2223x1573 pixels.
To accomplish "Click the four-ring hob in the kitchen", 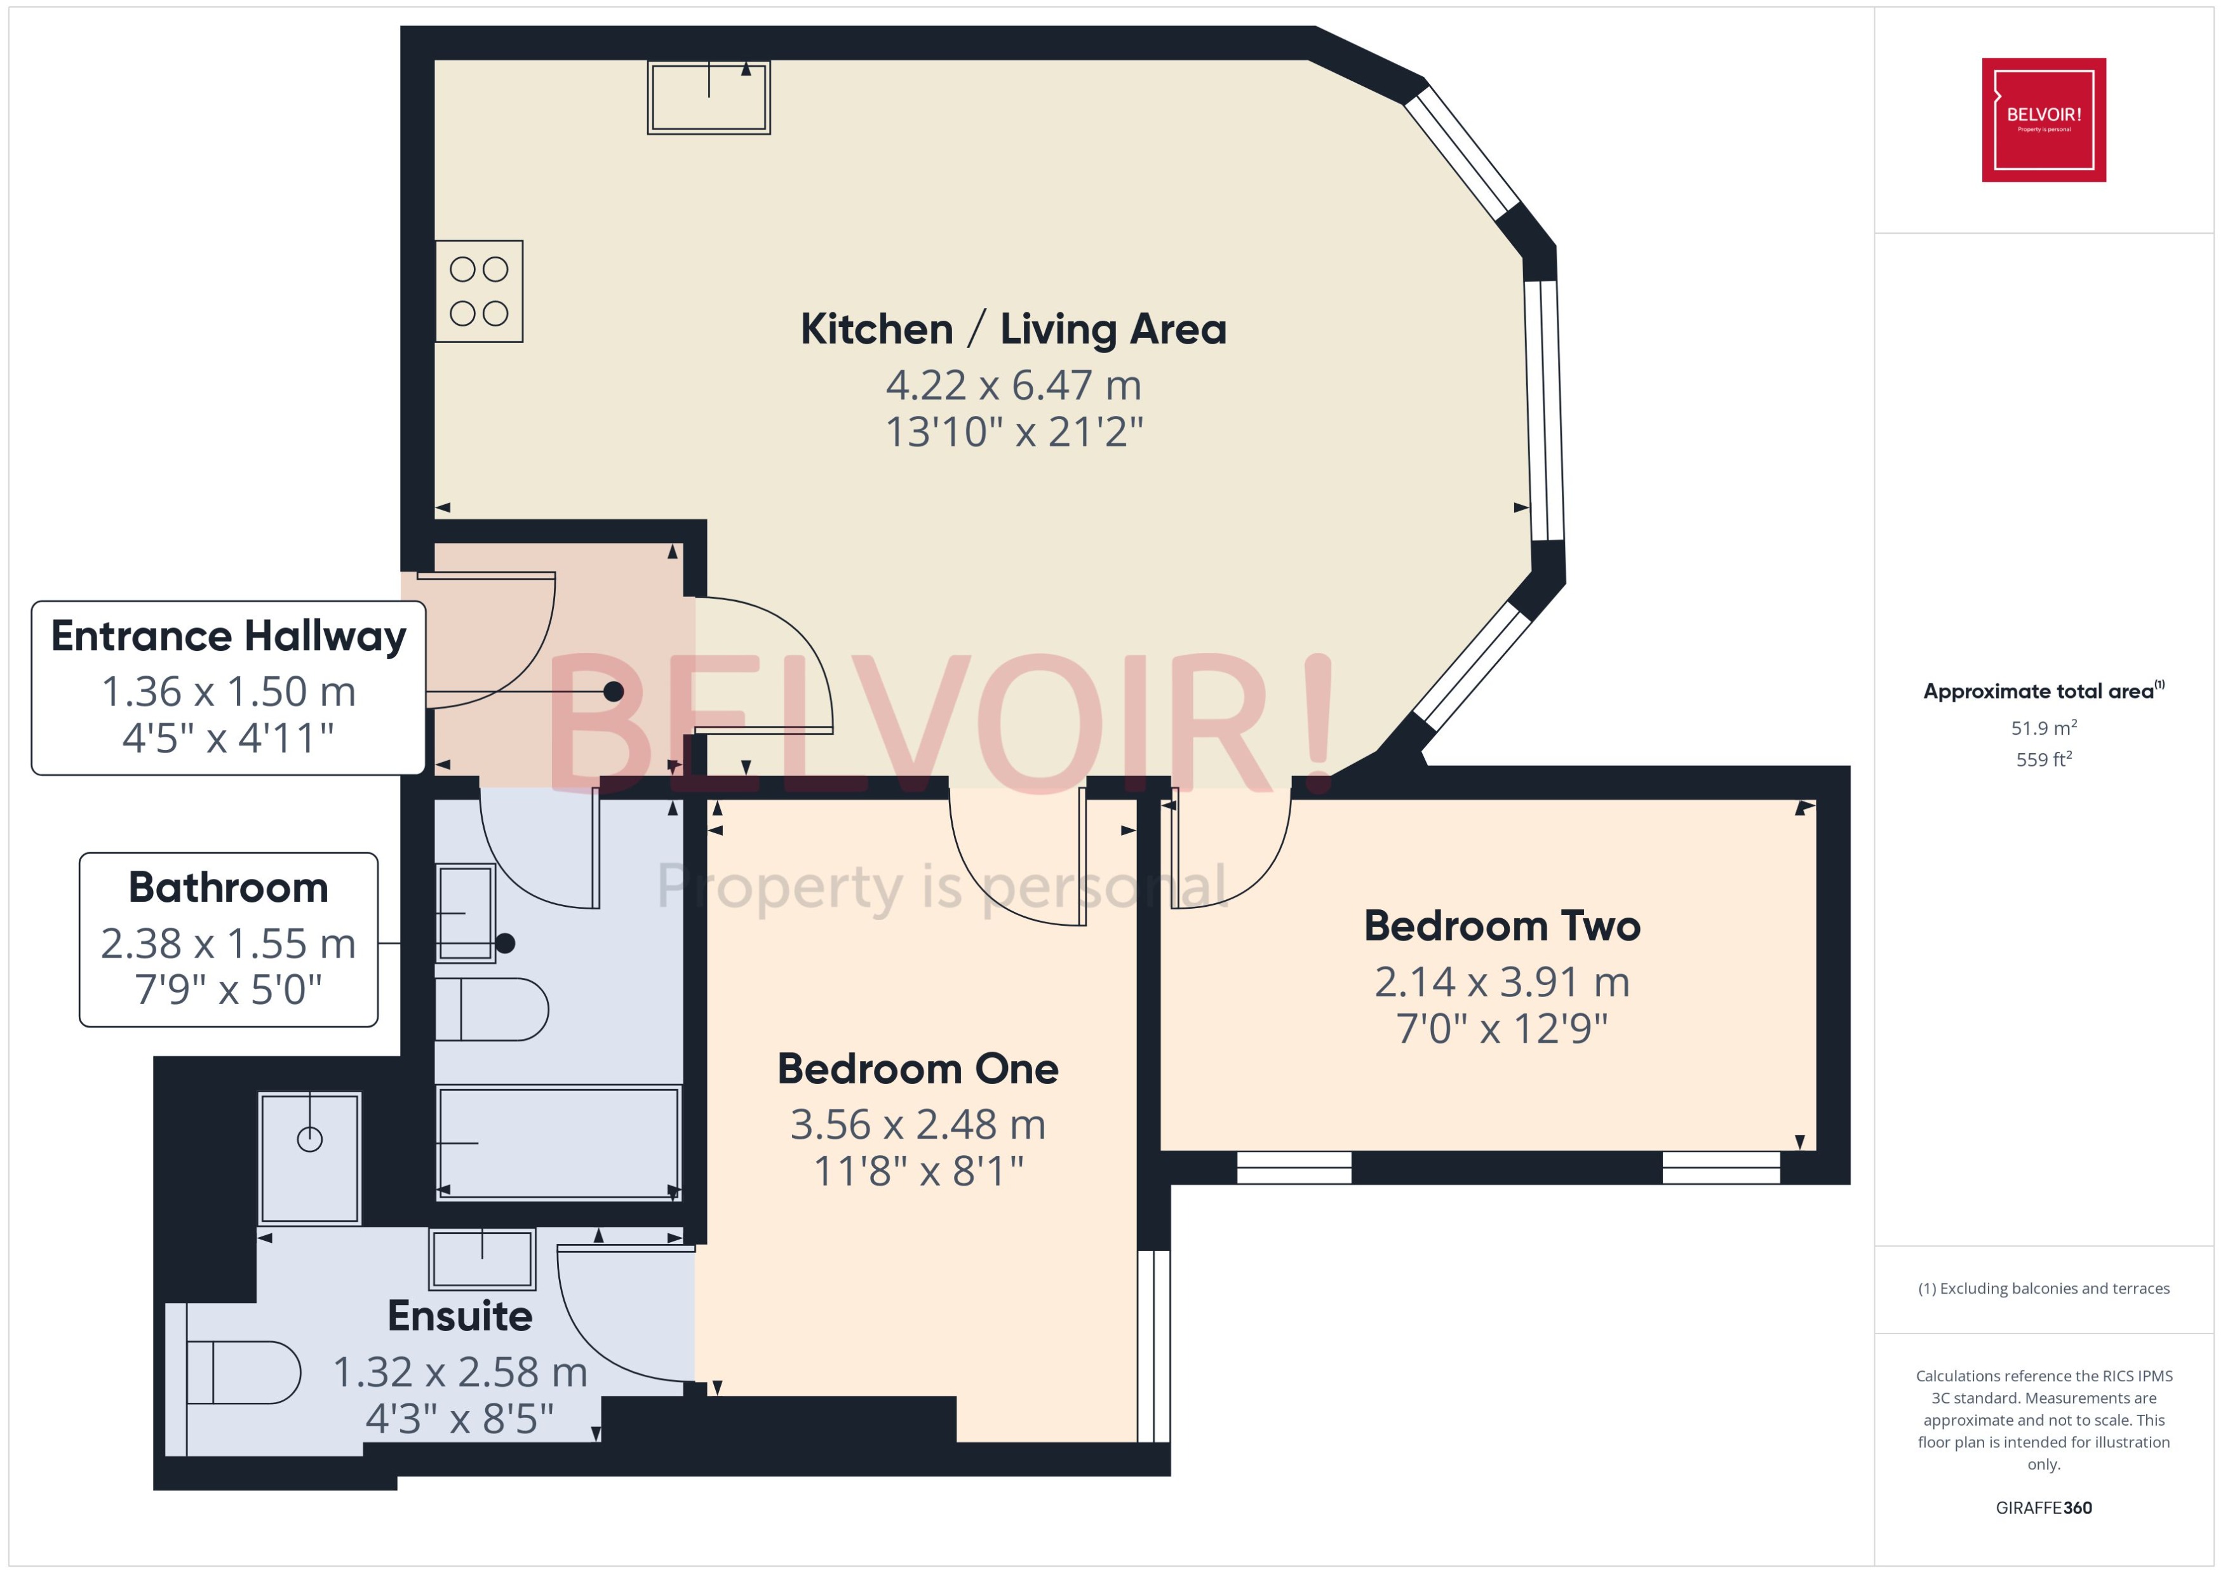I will tap(478, 291).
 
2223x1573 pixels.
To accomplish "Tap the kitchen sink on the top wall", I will tap(708, 98).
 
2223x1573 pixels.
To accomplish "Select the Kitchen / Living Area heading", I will tap(1012, 330).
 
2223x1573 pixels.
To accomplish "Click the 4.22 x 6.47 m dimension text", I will tap(1012, 385).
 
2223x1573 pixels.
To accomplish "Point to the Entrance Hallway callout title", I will tap(229, 636).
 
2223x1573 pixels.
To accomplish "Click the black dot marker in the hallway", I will tap(613, 692).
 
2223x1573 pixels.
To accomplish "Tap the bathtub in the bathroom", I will tap(559, 1143).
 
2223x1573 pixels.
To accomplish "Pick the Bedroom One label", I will tap(917, 1069).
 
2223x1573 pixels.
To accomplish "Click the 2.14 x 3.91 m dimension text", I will tap(1501, 982).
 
